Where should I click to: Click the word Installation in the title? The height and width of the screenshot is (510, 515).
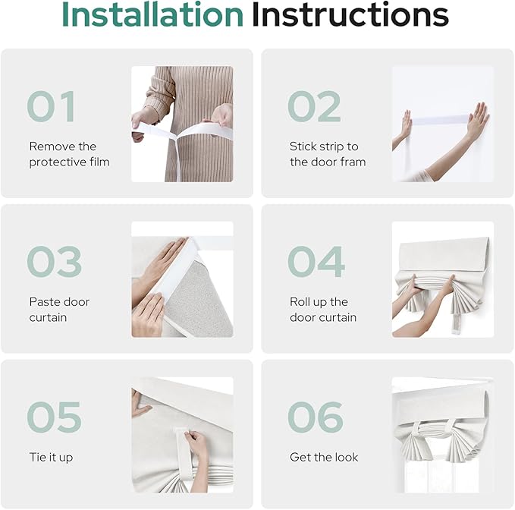pyautogui.click(x=152, y=14)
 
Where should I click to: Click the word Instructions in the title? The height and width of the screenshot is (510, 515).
pyautogui.click(x=350, y=14)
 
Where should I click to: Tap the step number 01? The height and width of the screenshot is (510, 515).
pyautogui.click(x=52, y=106)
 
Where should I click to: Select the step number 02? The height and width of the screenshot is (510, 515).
pyautogui.click(x=314, y=106)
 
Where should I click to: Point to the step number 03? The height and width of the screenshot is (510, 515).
pyautogui.click(x=54, y=262)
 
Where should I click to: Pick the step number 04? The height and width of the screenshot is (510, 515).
pyautogui.click(x=316, y=262)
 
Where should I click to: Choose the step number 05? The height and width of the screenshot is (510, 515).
pyautogui.click(x=54, y=417)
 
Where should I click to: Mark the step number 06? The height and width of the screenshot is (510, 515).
pyautogui.click(x=316, y=417)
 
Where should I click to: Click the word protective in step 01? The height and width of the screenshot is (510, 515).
pyautogui.click(x=52, y=162)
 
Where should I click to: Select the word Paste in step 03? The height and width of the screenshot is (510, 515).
pyautogui.click(x=42, y=301)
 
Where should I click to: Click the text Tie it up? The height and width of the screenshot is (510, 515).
pyautogui.click(x=51, y=458)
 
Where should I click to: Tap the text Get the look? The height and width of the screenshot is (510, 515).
pyautogui.click(x=324, y=457)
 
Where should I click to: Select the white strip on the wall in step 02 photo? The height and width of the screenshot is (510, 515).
pyautogui.click(x=440, y=120)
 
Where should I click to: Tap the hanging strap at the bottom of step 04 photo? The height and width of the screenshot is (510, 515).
pyautogui.click(x=458, y=325)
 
